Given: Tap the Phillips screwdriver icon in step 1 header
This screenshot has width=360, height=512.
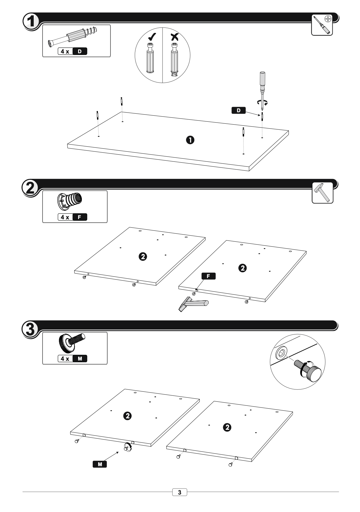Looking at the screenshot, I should coord(322,25).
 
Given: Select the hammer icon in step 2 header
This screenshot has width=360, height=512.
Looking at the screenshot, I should coord(323,193).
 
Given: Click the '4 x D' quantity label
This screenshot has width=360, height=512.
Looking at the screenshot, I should coord(73,52).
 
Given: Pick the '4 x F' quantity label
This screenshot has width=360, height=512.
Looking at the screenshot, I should coord(72,217).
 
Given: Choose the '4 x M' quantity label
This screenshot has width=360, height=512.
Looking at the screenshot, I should coord(72,359).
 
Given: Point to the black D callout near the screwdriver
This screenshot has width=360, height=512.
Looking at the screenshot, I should coord(238,111).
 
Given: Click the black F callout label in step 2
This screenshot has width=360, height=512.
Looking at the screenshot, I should coord(208,276).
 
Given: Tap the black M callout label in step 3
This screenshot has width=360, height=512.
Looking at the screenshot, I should coord(100,464).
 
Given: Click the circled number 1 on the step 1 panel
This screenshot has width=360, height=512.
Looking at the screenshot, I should coord(190,140).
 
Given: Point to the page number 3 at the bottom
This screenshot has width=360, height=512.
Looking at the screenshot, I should coord(179,492).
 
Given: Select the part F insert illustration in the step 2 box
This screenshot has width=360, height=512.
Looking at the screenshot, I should coord(70,200).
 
